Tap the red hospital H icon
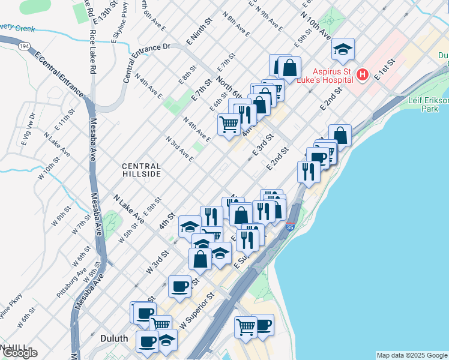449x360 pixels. click(x=362, y=74)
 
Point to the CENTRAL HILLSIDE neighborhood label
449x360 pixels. click(x=141, y=170)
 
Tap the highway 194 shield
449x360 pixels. click(x=24, y=46)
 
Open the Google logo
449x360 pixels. click(x=20, y=352)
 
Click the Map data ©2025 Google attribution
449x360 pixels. click(x=412, y=355)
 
